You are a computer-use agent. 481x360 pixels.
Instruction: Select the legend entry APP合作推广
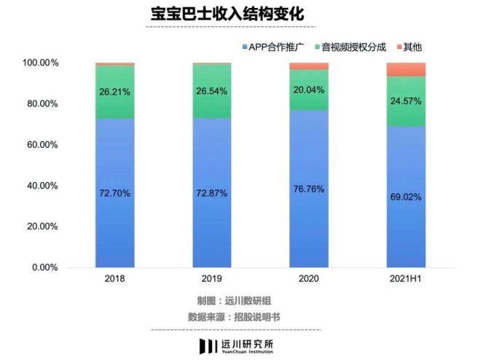pyautogui.click(x=275, y=47)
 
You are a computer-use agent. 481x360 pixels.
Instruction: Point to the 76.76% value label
pyautogui.click(x=308, y=189)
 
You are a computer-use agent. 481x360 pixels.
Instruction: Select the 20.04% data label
pyautogui.click(x=308, y=90)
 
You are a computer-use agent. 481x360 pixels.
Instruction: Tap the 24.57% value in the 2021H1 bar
pyautogui.click(x=406, y=101)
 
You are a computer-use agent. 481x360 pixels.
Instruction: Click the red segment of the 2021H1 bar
pyautogui.click(x=406, y=70)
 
